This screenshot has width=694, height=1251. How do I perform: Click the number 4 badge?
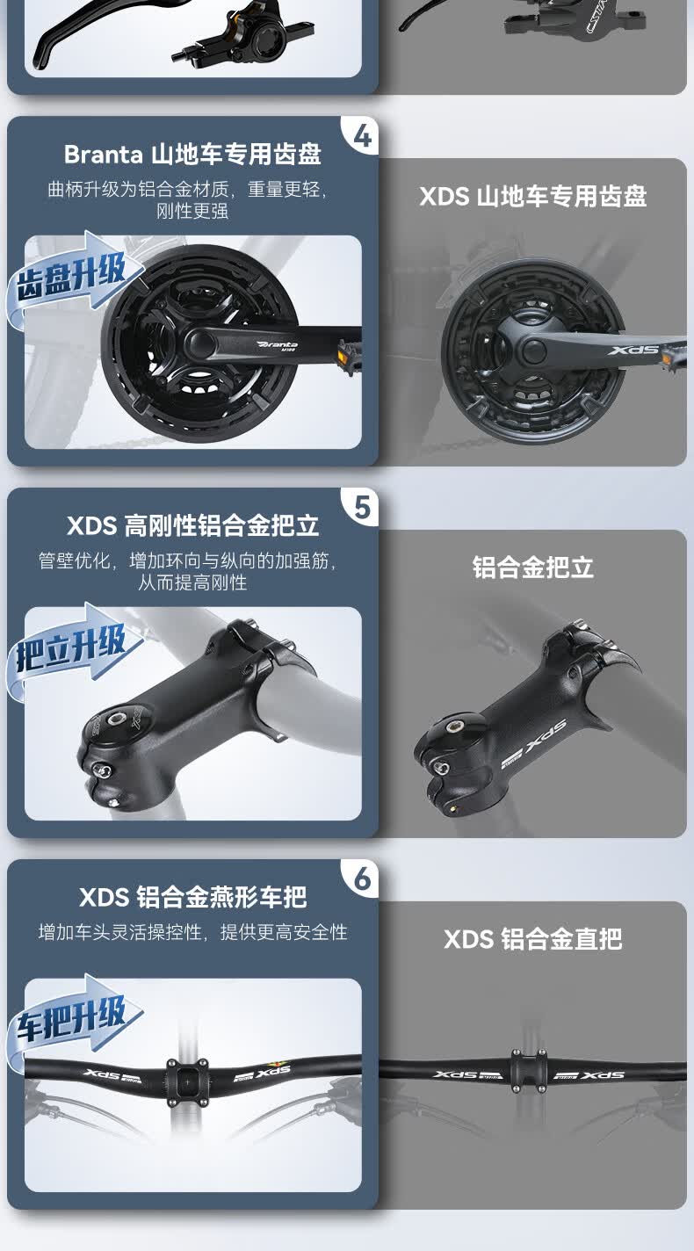pos(362,136)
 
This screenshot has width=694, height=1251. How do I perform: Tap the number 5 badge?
pos(362,508)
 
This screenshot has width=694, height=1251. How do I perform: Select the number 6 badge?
pos(362,879)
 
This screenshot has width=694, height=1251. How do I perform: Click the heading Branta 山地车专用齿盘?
pos(192,154)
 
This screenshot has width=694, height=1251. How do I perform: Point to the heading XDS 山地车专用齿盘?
pos(532,196)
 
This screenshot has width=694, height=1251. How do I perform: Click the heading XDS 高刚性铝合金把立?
pos(192,525)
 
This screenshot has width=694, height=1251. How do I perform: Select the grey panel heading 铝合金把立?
pos(532,568)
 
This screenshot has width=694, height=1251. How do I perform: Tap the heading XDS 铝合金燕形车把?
pos(192,897)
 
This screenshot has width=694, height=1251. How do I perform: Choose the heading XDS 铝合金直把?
pos(532,939)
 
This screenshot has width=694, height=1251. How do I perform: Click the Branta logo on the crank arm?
pos(278,345)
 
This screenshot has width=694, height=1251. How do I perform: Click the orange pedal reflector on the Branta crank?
pos(343,351)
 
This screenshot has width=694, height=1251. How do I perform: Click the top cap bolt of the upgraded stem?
pos(117,719)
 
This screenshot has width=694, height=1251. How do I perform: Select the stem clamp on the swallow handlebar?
pos(187,1081)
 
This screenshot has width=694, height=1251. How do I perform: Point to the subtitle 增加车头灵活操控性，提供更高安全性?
pos(192,932)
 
